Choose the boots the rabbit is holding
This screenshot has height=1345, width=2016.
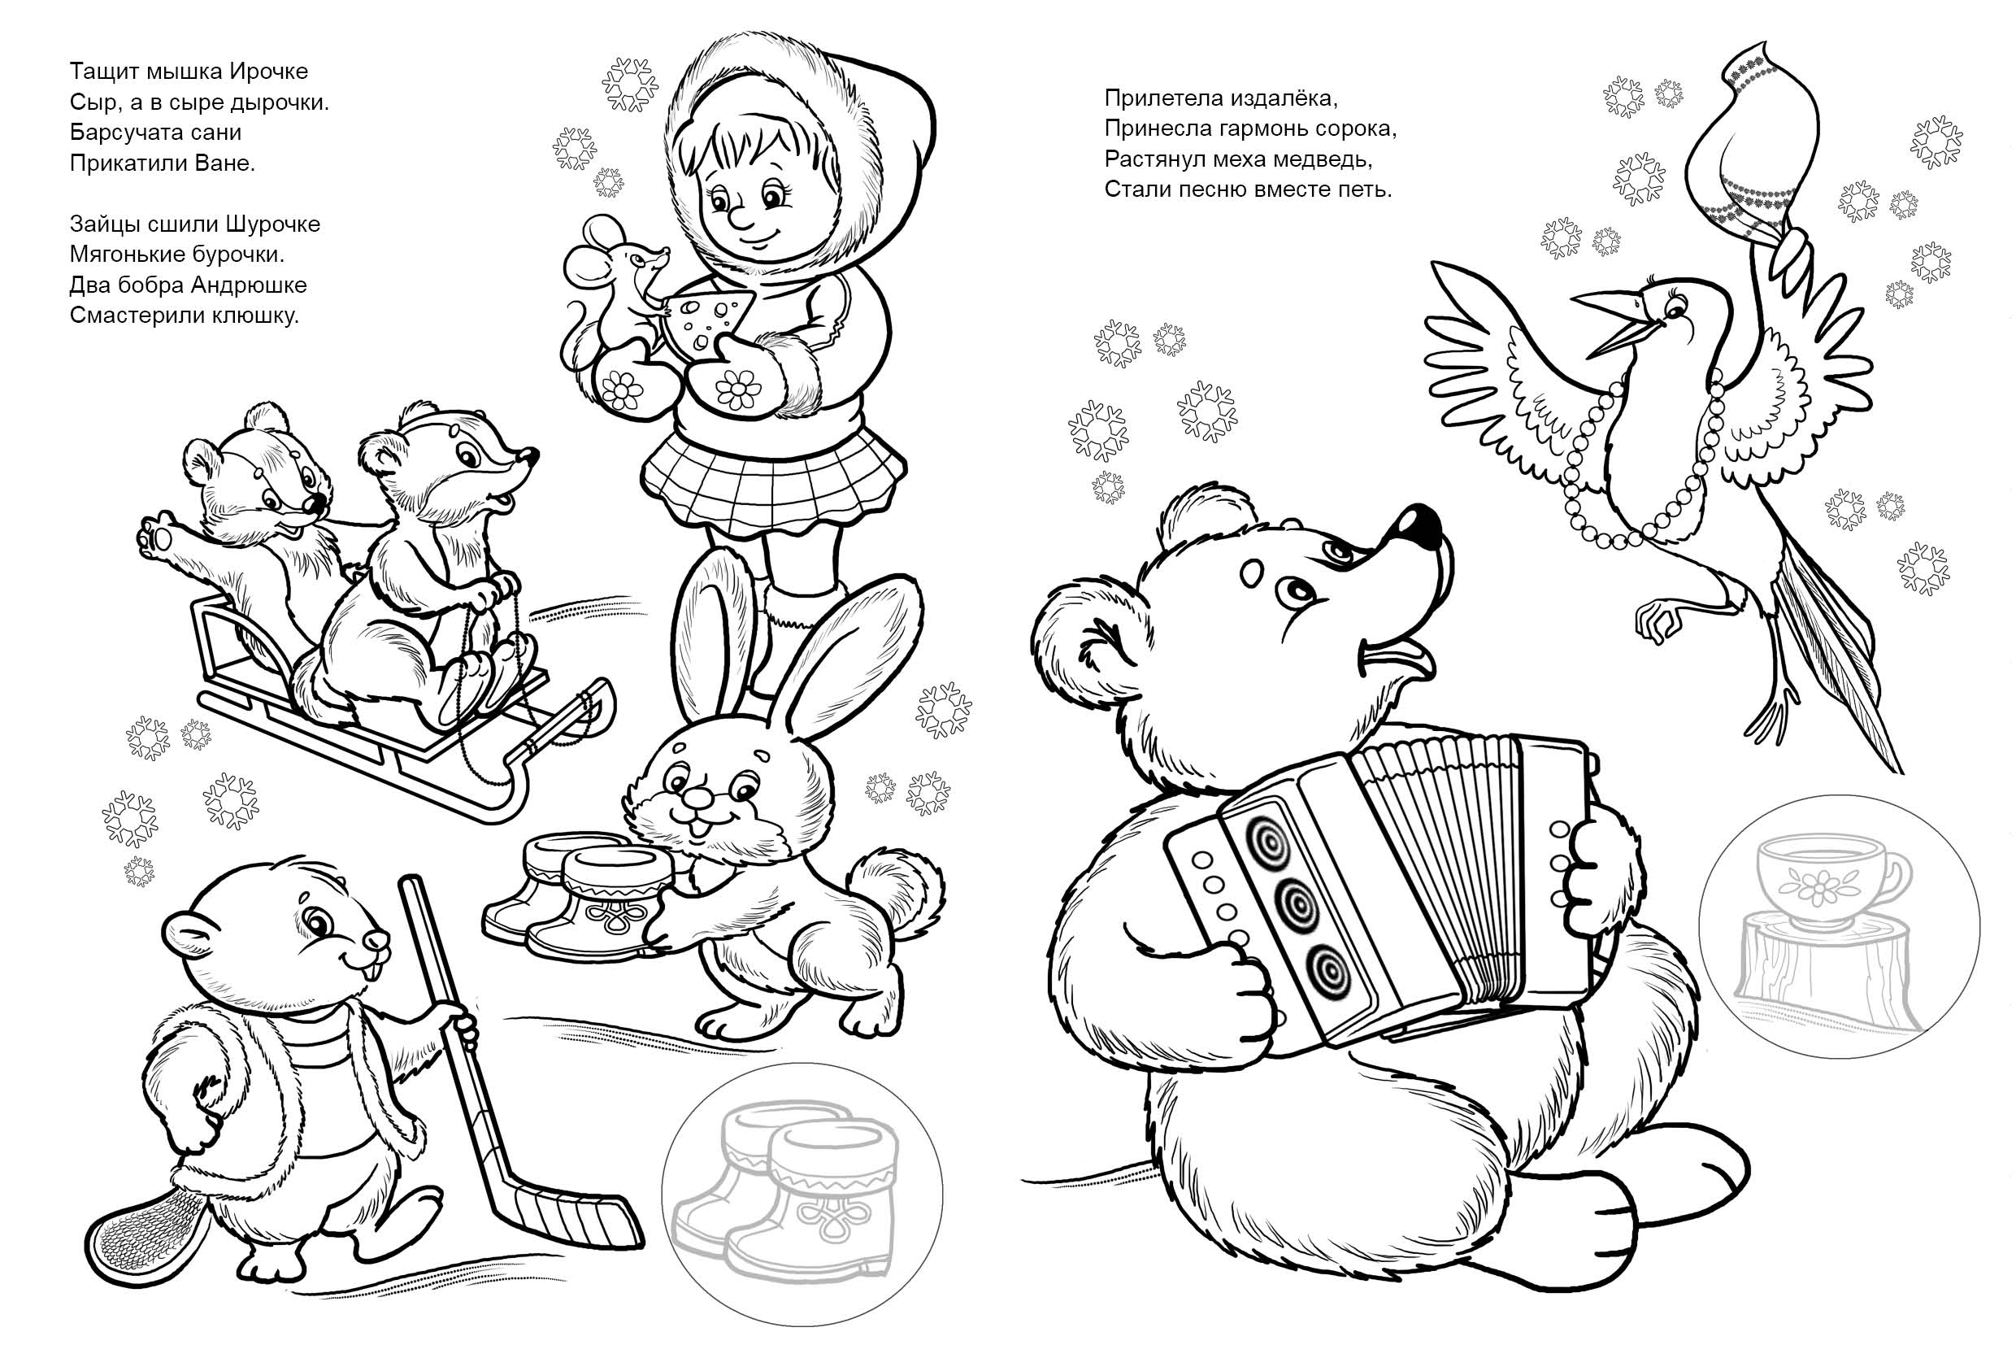(592, 896)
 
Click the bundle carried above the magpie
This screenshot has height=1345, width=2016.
(1740, 146)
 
